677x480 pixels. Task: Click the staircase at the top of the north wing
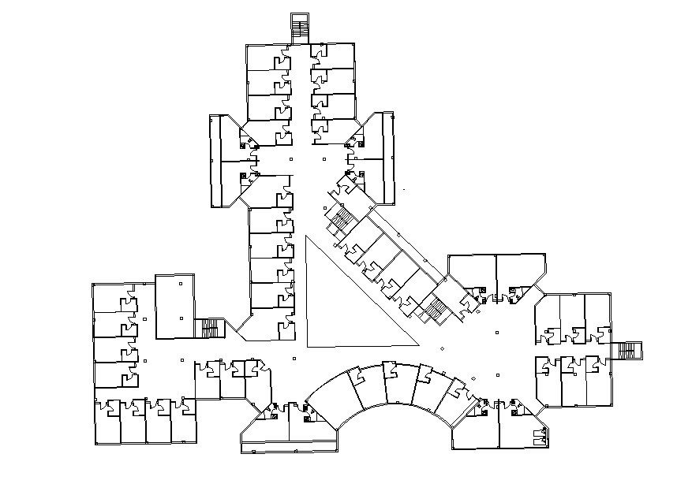[300, 29]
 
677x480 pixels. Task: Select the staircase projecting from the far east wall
[630, 350]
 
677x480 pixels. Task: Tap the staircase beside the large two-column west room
[210, 328]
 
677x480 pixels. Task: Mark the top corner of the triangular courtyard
[307, 236]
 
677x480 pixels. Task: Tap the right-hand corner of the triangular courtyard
[417, 344]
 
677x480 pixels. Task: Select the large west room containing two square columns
[174, 307]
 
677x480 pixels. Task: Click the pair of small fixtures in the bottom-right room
[540, 437]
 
